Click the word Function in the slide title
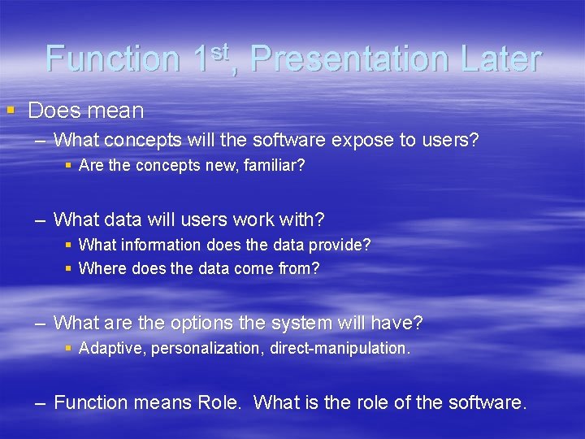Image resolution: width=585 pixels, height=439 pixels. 113,59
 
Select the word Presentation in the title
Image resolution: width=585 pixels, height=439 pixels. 349,59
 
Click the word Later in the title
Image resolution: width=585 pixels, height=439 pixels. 500,59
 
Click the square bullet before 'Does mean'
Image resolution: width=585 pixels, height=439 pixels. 11,109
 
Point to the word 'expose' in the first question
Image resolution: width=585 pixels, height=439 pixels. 362,140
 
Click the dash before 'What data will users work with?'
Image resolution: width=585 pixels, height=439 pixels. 40,219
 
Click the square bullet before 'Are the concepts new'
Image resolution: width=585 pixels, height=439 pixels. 69,165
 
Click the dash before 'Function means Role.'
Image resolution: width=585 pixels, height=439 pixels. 40,402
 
